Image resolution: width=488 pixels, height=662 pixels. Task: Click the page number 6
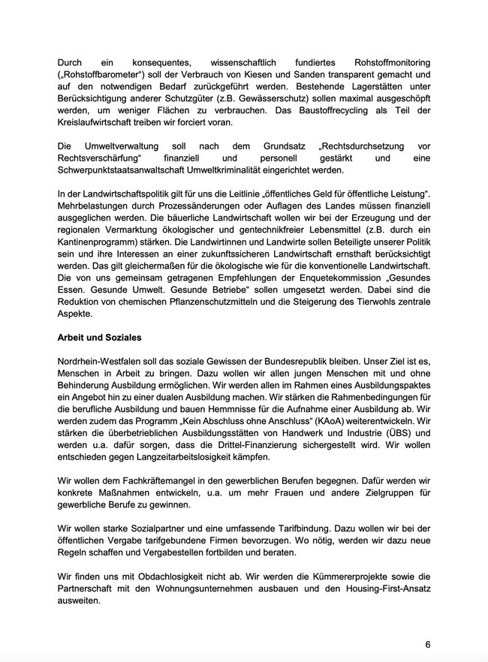click(428, 645)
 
